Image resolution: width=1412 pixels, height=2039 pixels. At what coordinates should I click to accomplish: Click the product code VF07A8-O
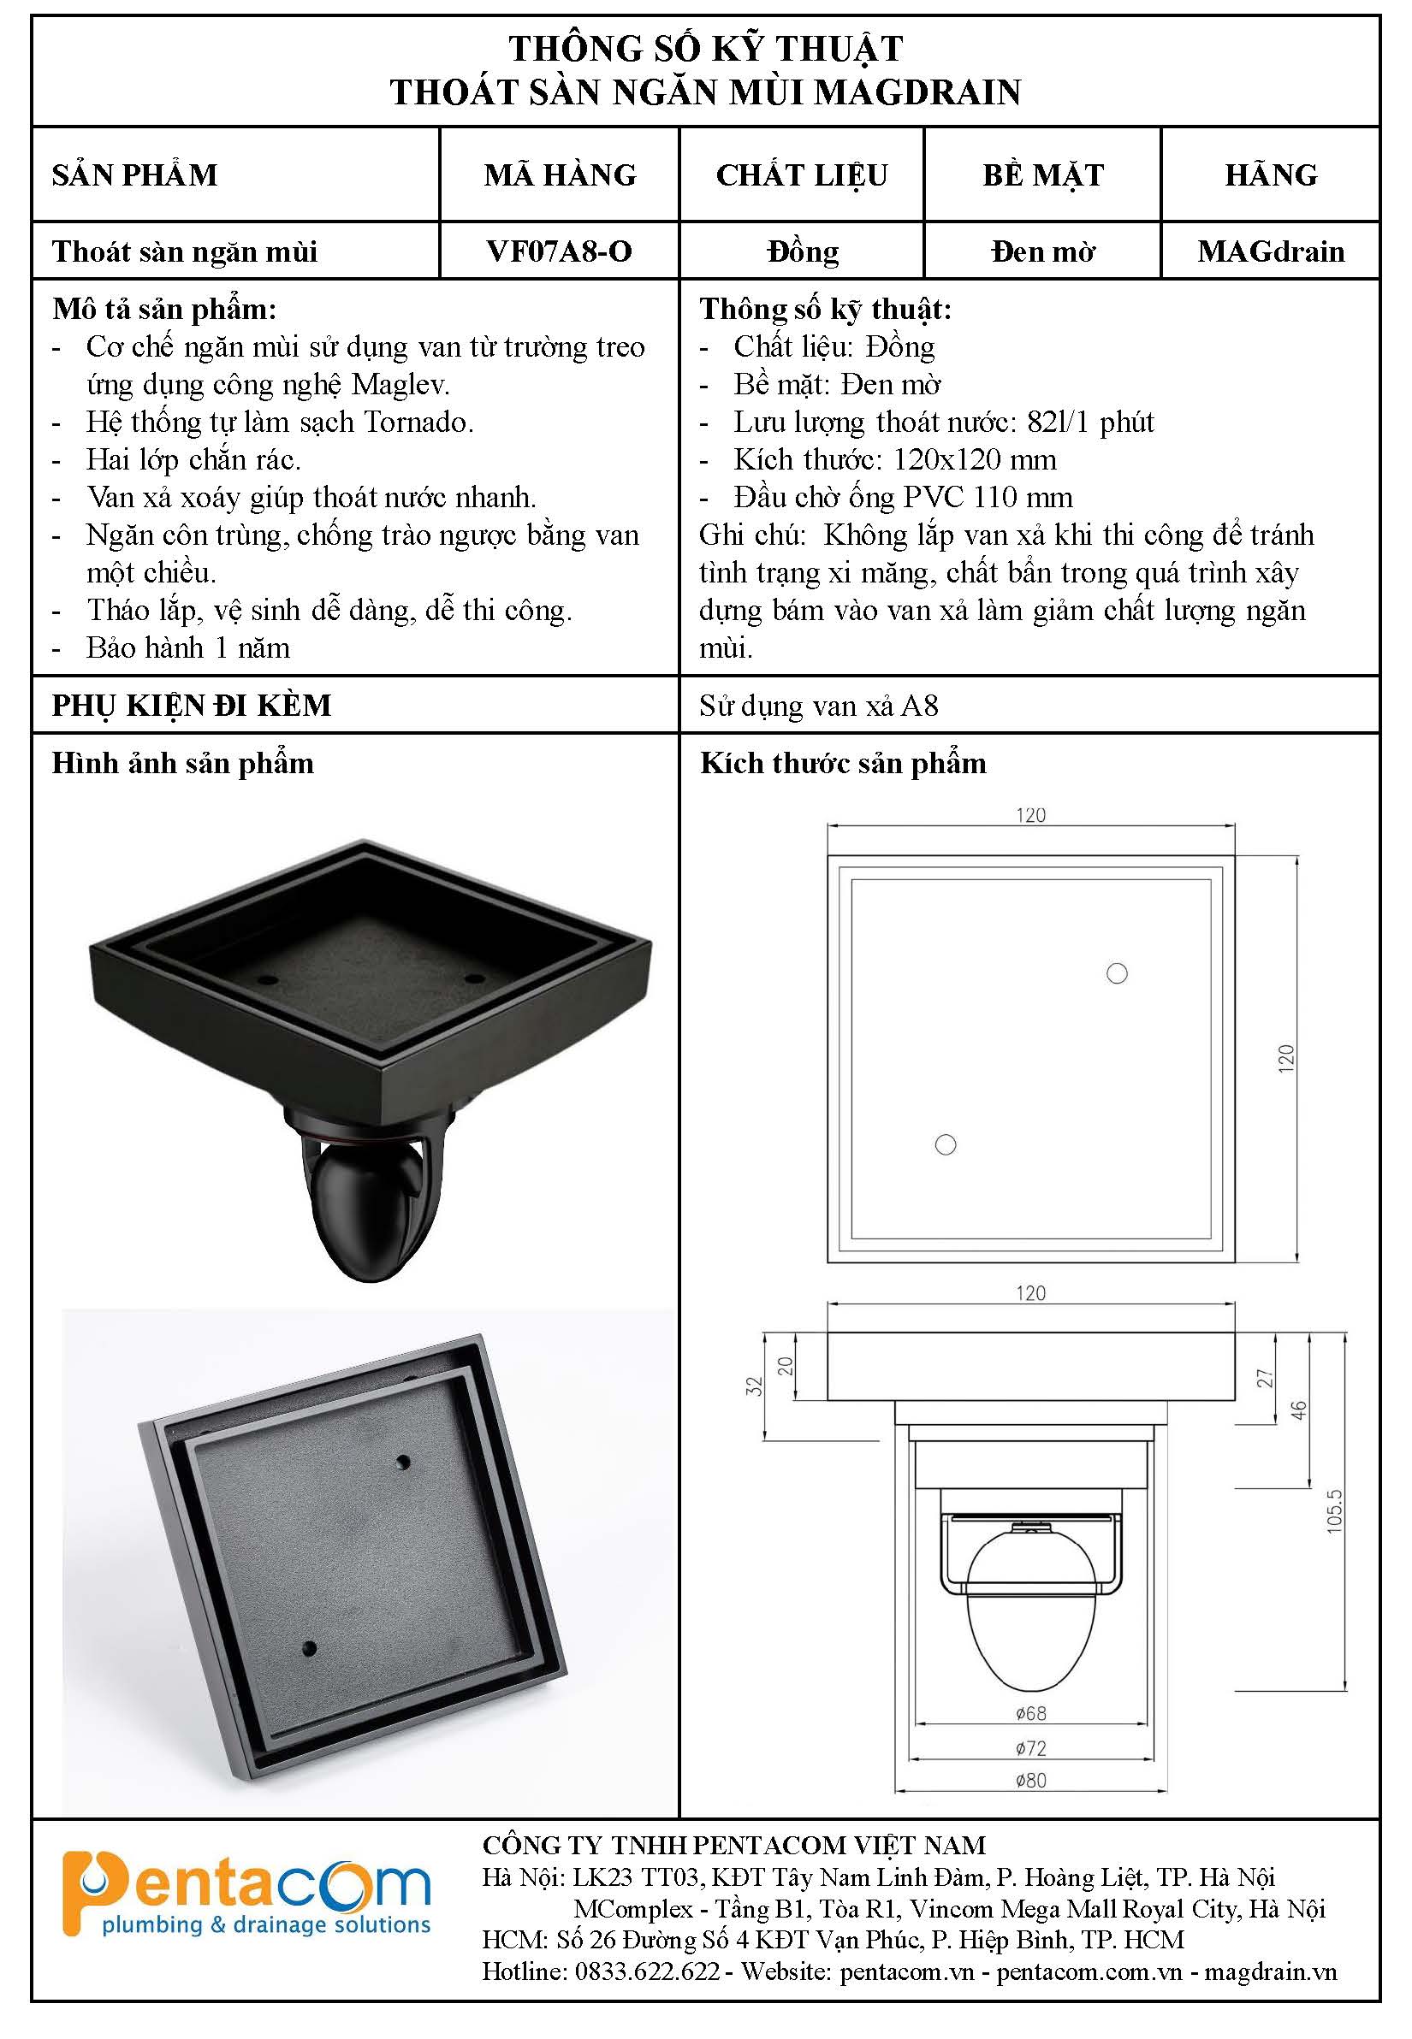click(x=559, y=251)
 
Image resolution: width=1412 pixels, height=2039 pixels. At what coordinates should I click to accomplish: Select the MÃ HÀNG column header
click(x=560, y=174)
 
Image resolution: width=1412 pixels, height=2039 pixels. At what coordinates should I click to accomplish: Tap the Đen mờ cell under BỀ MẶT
click(x=1043, y=251)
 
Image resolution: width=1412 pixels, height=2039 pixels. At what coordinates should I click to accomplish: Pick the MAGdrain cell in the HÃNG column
click(x=1272, y=251)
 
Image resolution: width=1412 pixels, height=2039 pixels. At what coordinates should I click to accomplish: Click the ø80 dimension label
click(x=1030, y=1780)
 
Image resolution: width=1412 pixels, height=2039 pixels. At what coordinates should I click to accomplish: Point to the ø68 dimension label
click(x=1030, y=1713)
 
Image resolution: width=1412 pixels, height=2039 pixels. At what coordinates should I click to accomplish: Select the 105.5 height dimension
click(x=1335, y=1511)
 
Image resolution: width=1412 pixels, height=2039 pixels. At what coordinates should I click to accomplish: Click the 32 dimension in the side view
click(x=754, y=1386)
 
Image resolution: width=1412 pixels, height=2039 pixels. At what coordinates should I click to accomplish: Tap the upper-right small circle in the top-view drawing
click(x=1118, y=973)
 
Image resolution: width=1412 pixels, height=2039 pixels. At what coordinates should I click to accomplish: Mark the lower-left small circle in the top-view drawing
click(x=946, y=1145)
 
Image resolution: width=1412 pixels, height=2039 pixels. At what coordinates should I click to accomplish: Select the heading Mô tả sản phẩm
click(x=164, y=310)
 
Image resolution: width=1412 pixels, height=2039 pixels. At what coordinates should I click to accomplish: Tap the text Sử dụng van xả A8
click(x=818, y=706)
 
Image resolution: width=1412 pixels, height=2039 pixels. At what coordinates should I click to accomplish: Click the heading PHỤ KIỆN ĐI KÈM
click(x=192, y=705)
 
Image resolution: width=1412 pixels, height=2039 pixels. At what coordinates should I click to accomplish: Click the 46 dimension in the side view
click(x=1298, y=1410)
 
